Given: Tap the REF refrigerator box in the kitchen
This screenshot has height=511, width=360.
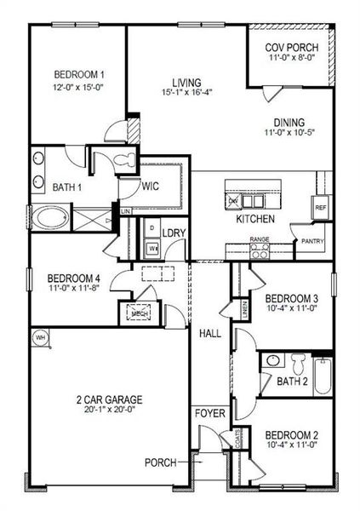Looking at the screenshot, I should coord(321,207).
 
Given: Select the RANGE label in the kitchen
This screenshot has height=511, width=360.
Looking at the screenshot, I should coord(259,240).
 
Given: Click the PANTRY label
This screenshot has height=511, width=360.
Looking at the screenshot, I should coord(308,241).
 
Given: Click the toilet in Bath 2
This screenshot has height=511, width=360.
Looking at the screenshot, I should coord(295,361).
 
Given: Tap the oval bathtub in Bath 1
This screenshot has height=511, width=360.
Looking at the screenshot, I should coord(52,220).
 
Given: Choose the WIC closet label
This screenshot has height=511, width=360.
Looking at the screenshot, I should coord(151,185).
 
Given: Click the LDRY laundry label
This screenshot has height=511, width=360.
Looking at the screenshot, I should coord(174,232).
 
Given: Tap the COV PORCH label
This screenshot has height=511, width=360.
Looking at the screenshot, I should coord(287,49).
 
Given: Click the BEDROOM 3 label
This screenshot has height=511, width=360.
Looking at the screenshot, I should coord(291,298).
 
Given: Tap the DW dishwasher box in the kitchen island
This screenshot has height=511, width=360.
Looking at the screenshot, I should coord(235,201).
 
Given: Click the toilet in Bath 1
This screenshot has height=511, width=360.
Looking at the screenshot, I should coord(120,160).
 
